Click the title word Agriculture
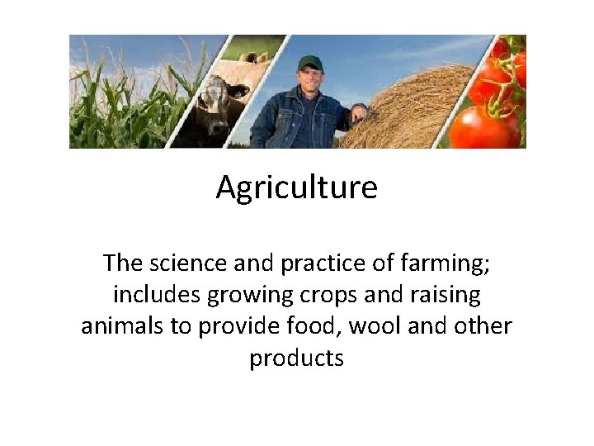coord(297,188)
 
